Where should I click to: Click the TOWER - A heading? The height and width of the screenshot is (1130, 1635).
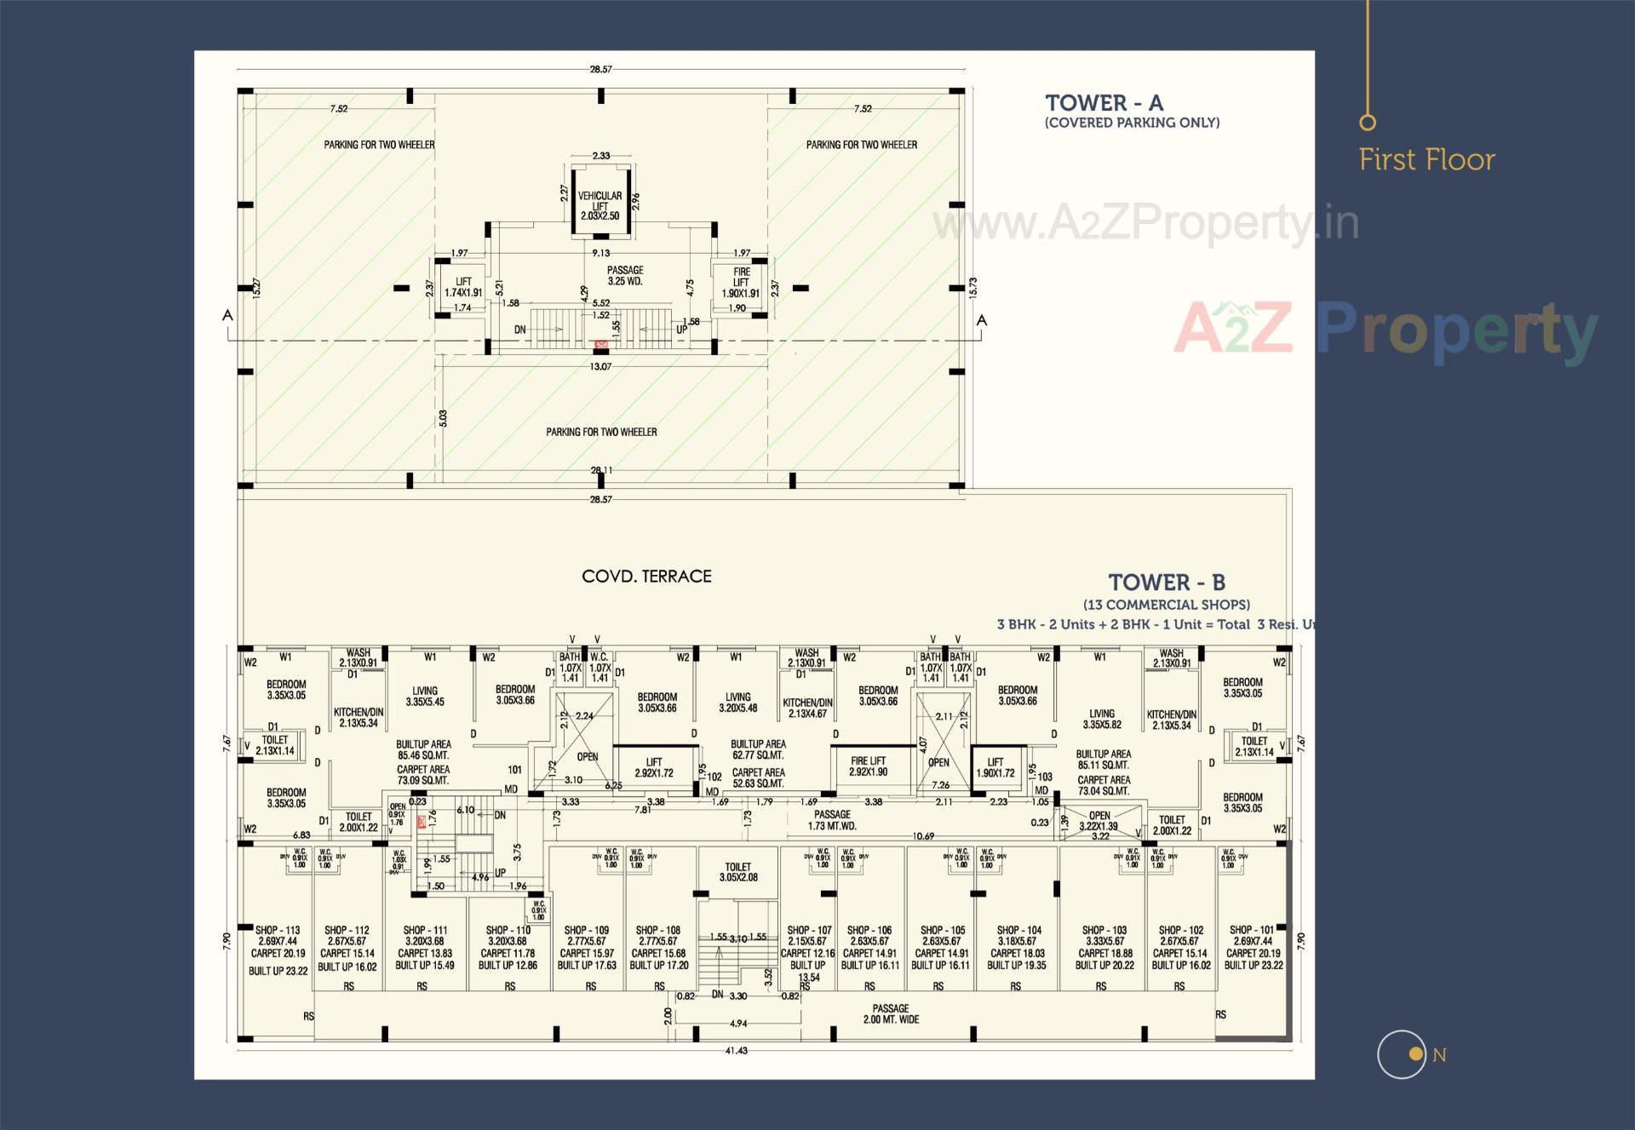[1104, 103]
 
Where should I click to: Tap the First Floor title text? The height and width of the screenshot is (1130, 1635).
[1426, 159]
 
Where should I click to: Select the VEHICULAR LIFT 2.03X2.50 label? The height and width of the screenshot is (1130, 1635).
[599, 205]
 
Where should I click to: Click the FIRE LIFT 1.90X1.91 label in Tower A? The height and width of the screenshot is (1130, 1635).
[741, 283]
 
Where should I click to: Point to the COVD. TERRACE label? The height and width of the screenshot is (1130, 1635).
[646, 576]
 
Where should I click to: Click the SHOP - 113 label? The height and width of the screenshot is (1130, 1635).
[278, 931]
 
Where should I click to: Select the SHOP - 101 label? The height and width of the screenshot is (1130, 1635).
[1252, 930]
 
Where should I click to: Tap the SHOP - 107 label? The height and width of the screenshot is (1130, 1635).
[809, 931]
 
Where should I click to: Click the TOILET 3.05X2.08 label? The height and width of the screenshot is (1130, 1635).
[737, 872]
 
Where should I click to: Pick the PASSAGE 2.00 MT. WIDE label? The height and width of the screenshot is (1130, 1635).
[891, 1013]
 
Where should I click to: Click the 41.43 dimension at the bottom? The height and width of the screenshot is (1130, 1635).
[736, 1051]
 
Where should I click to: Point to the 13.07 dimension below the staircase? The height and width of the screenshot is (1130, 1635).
[600, 366]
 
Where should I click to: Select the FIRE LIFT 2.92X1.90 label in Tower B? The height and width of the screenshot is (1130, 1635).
[868, 766]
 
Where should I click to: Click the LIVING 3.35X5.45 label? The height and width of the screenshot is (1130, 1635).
[425, 697]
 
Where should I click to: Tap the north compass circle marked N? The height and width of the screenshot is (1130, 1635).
[1402, 1054]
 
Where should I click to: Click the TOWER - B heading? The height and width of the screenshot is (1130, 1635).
[1166, 582]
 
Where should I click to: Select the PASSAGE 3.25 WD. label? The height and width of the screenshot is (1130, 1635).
[625, 275]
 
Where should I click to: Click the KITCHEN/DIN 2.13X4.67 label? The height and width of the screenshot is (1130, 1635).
[806, 708]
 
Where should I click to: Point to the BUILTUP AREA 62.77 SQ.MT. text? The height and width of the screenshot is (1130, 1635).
[758, 749]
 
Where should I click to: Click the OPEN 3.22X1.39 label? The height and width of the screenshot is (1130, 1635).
[1099, 821]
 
